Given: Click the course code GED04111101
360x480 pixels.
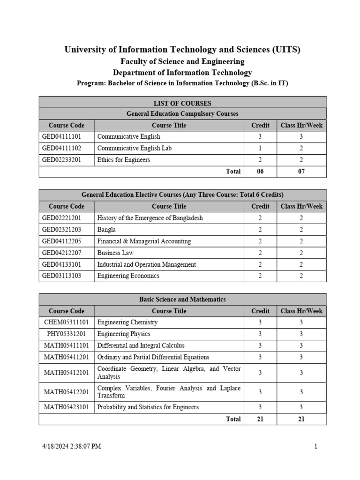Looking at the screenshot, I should pos(61,137).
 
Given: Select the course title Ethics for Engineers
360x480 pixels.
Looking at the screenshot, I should pos(123,160).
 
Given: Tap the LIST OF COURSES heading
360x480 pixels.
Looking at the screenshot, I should pos(182,103).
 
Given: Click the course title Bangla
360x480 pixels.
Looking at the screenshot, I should pos(106,230).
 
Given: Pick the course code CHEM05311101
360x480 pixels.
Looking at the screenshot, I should pos(67,322).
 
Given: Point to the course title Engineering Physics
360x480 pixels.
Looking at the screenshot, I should pos(124,334).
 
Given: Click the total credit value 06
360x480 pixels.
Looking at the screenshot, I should pos(260,172).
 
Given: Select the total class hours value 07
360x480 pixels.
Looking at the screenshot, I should pos(301,172).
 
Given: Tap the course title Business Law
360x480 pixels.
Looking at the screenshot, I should pos(115,253).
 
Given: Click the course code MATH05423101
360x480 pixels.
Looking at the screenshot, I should pos(67,407).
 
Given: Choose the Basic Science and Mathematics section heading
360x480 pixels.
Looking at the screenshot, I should pos(182,300).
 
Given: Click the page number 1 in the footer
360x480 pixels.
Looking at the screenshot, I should pos(316,446).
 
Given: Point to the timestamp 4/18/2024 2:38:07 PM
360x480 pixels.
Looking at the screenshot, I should pos(71,446).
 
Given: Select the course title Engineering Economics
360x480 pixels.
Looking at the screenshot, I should pos(128,276).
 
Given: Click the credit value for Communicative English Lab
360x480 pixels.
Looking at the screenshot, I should pos(260,148).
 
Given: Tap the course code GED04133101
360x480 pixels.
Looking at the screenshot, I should pos(61,264).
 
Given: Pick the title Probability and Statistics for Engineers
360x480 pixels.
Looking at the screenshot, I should pos(148,407).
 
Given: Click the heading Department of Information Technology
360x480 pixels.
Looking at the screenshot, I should pos(182,73).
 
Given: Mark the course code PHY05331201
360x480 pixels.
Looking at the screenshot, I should pos(67,334).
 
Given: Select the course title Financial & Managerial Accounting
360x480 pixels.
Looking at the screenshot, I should pos(144,241).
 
